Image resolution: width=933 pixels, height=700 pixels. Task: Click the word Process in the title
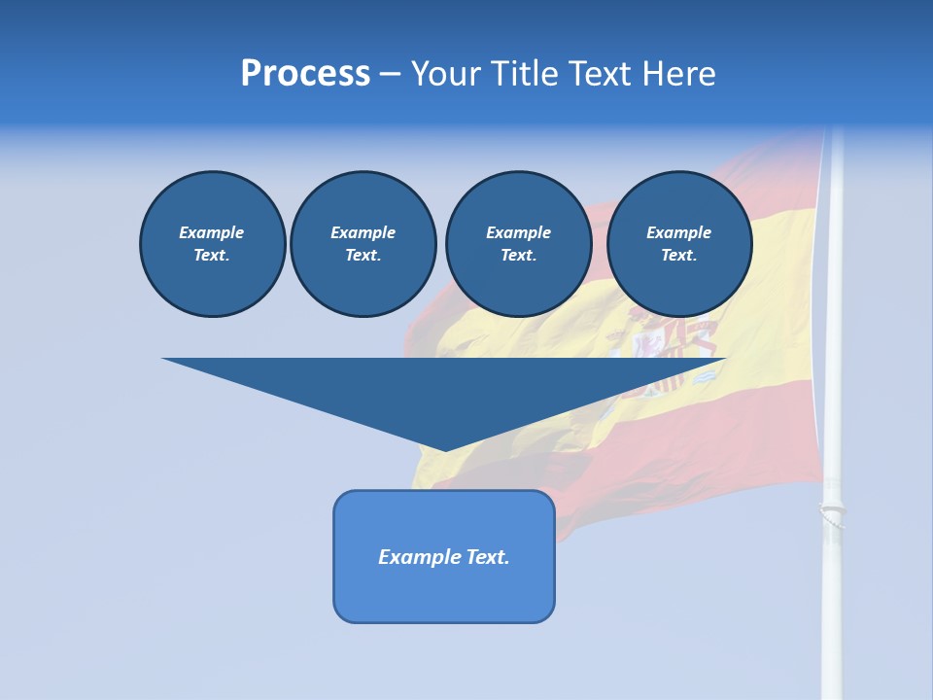(305, 74)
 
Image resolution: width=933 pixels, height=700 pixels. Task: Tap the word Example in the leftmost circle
(212, 232)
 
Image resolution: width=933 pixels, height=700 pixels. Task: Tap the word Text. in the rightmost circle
(678, 256)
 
